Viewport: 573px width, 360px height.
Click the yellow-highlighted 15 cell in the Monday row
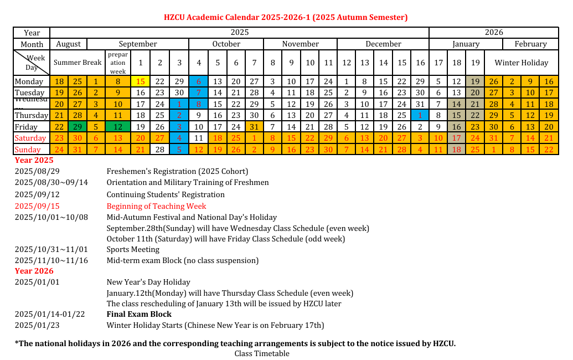click(x=141, y=81)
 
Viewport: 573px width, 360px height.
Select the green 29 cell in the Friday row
click(x=78, y=127)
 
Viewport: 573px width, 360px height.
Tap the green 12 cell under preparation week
click(x=118, y=127)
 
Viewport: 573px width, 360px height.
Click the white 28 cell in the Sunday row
click(x=160, y=150)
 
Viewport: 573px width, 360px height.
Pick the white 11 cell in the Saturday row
click(x=199, y=138)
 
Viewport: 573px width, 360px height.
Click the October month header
click(x=226, y=44)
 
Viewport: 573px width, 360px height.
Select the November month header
click(x=300, y=44)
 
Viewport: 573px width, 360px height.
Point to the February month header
click(x=530, y=44)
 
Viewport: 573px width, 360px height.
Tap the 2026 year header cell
click(x=493, y=33)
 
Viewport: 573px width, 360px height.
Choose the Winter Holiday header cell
click(x=521, y=63)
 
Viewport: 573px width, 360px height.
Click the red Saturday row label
click(x=31, y=138)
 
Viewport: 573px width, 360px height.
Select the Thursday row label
click(x=31, y=115)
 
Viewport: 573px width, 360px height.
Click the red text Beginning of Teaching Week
click(x=156, y=206)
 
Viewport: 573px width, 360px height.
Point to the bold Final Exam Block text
click(x=139, y=314)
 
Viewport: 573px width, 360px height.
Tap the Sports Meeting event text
click(x=133, y=250)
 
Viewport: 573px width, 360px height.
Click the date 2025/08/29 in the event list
click(x=37, y=171)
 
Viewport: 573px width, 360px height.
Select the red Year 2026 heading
click(x=34, y=271)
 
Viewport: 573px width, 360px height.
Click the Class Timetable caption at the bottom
click(x=262, y=353)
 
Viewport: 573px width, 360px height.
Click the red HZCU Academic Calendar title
click(x=286, y=17)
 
